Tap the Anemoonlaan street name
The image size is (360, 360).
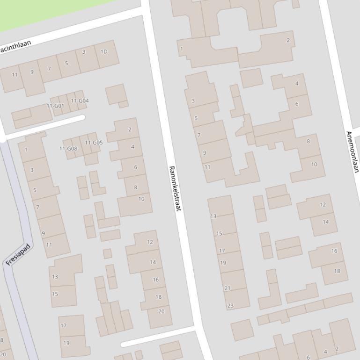tap(352, 151)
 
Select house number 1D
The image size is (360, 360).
tap(104, 51)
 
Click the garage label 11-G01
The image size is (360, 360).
tap(55, 106)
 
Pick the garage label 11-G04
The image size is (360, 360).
tap(80, 101)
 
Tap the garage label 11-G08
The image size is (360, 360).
tap(68, 149)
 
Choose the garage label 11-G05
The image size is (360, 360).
tap(94, 143)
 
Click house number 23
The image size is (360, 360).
tap(230, 306)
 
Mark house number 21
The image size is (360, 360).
tap(228, 288)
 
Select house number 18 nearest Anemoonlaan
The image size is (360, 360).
tap(337, 271)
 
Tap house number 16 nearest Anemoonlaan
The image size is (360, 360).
tap(334, 251)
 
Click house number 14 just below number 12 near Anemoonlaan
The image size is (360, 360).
tap(325, 222)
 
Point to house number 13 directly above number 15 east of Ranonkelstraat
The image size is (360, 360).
tap(213, 216)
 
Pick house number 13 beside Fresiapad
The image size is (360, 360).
tap(55, 277)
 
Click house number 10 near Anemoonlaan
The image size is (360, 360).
tap(314, 164)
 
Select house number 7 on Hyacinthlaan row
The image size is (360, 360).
tap(49, 69)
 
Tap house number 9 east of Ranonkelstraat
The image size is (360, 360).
tap(205, 152)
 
